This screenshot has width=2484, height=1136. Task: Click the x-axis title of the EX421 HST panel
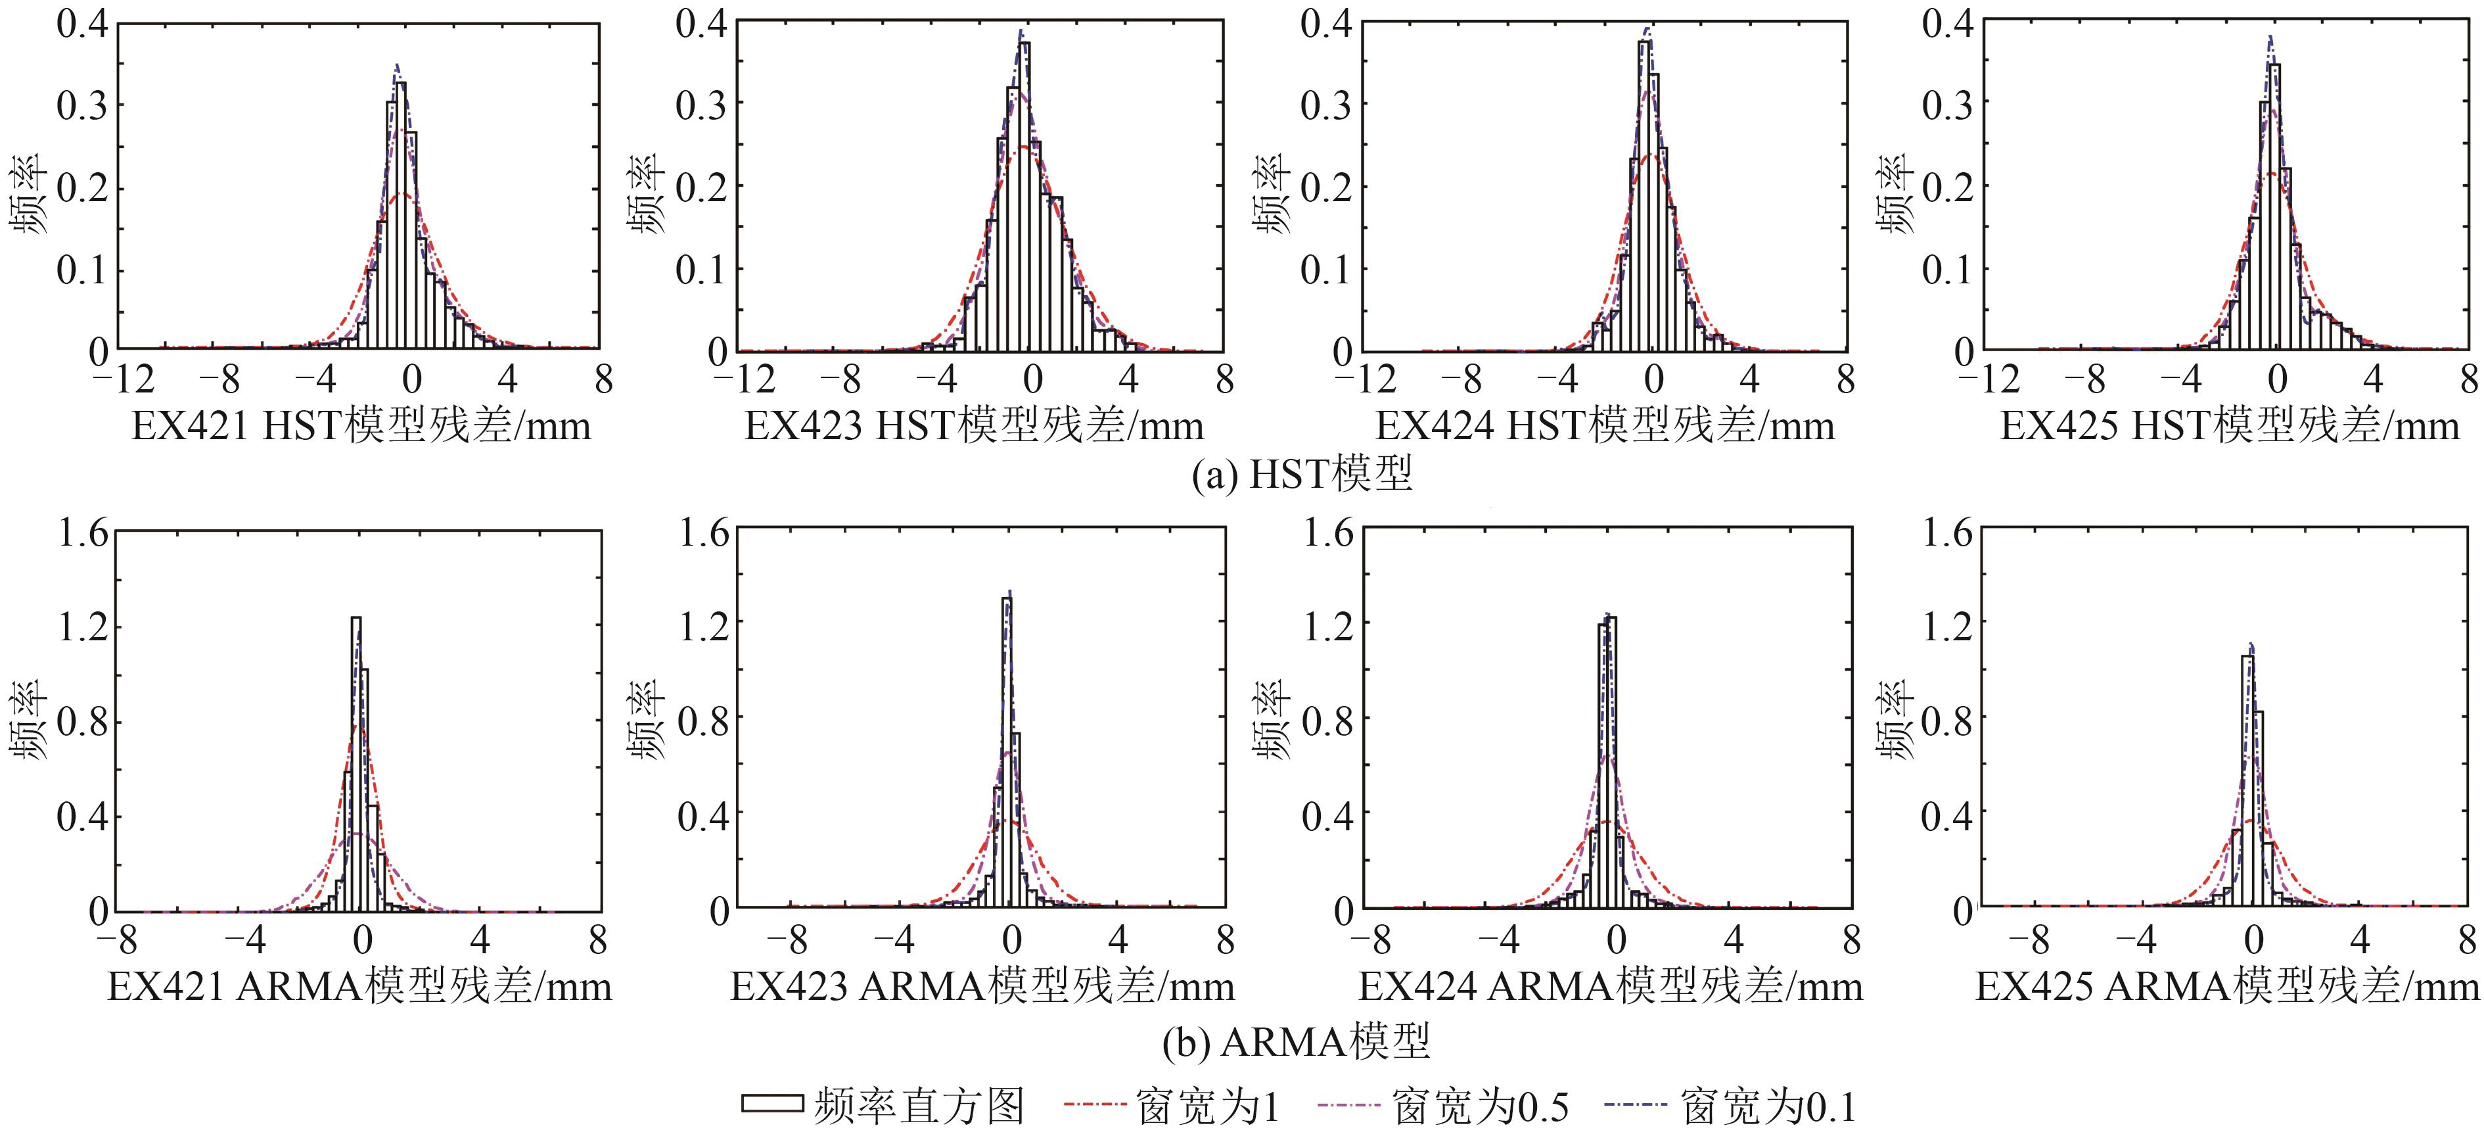(x=361, y=425)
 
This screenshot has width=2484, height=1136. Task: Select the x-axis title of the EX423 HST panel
(x=974, y=425)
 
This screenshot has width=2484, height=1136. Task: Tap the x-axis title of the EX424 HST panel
(x=1605, y=425)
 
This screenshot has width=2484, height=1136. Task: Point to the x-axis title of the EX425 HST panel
(x=2230, y=425)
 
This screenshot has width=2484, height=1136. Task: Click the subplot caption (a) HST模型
(x=1302, y=475)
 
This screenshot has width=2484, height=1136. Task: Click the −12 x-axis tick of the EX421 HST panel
(x=124, y=379)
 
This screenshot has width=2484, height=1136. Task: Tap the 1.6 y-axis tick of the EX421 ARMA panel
(x=84, y=532)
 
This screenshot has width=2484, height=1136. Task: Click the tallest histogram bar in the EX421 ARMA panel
(x=355, y=762)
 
